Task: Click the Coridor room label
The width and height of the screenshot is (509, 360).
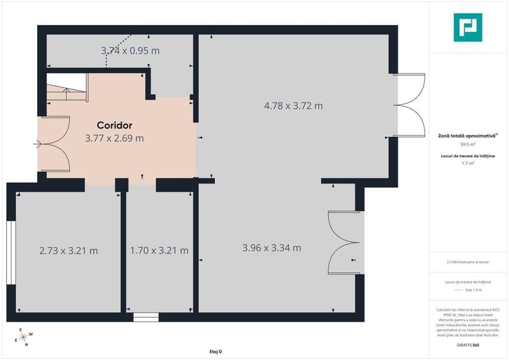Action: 114,125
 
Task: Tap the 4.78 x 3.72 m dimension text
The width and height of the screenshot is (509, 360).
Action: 294,106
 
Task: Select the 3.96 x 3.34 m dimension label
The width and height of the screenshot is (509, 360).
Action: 272,247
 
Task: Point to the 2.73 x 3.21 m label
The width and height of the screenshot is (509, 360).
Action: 68,251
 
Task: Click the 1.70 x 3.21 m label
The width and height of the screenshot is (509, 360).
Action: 159,251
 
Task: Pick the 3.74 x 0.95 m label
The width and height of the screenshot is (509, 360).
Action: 130,51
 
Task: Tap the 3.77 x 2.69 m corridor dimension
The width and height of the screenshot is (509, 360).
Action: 114,137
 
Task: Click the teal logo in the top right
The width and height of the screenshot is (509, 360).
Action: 467,27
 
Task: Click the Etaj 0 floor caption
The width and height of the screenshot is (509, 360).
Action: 215,352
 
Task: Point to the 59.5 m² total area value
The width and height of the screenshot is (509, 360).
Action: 468,145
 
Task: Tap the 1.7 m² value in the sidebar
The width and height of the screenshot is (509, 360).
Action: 468,164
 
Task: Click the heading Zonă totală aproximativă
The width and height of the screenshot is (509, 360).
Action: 467,136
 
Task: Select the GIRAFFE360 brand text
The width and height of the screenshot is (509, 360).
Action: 468,345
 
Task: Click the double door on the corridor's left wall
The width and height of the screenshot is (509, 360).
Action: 54,145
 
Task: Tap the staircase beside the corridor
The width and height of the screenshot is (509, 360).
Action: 65,89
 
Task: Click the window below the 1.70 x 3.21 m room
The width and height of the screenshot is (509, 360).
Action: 146,316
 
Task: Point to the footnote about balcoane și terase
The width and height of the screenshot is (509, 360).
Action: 468,262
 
